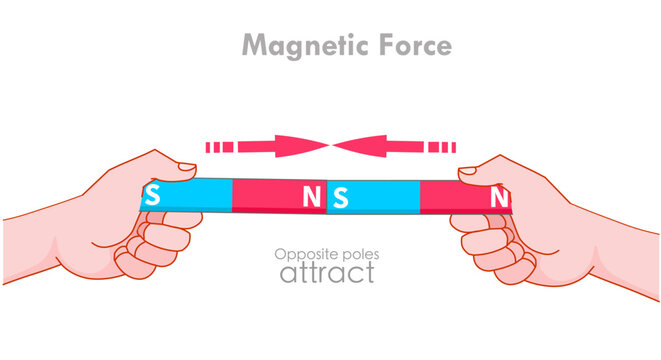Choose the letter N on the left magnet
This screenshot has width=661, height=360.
coord(312,197)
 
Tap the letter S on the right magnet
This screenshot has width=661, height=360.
coord(340,197)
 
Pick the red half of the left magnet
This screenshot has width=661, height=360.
coord(270,196)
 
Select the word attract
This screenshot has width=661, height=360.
coord(327,272)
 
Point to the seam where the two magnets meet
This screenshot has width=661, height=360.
coord(327,197)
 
